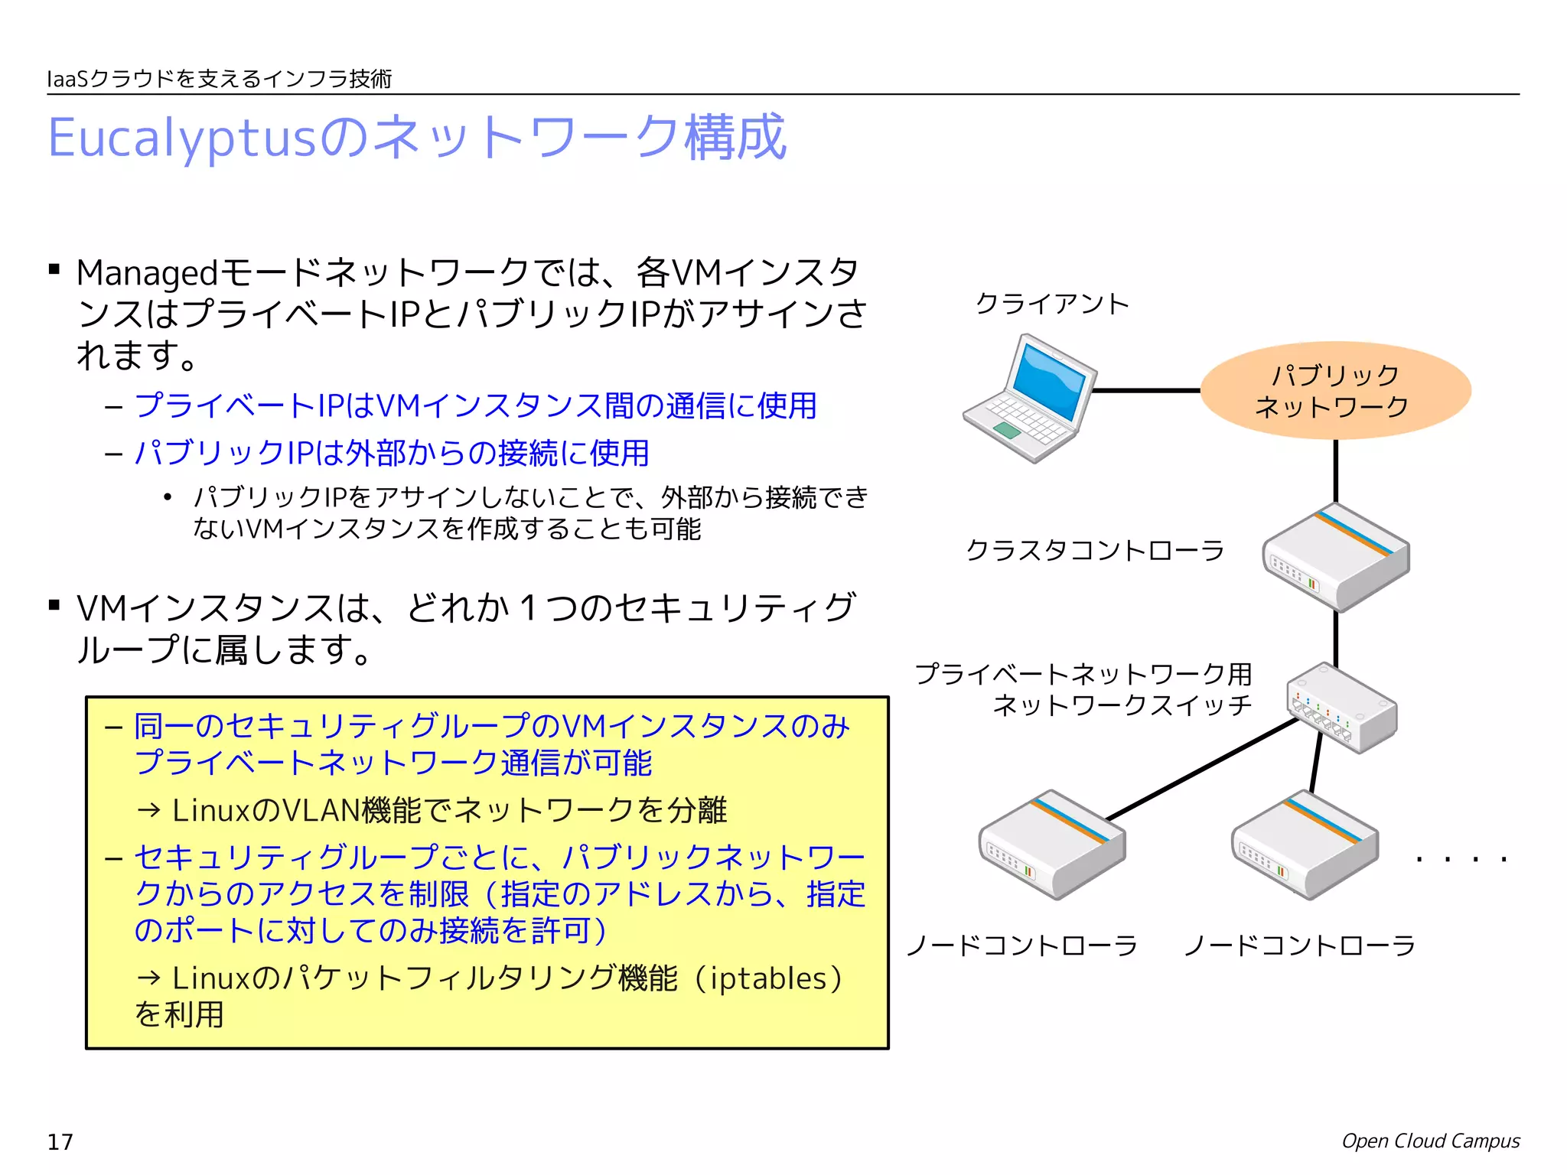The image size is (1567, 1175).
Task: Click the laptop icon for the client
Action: click(x=1029, y=398)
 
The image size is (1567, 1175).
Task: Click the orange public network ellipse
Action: click(x=1335, y=390)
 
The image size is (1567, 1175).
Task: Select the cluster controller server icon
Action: click(x=1336, y=557)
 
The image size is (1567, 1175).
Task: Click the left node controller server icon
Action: click(x=1052, y=845)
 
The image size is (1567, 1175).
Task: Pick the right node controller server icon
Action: click(x=1305, y=845)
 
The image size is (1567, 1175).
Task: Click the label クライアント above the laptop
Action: click(x=1052, y=304)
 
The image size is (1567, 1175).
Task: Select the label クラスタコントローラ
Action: click(x=1095, y=550)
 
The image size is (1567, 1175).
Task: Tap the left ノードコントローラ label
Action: click(x=1022, y=946)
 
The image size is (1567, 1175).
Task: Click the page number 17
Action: click(x=60, y=1142)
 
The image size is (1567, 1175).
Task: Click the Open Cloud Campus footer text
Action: click(x=1431, y=1141)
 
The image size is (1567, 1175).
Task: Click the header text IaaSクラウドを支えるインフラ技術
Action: click(x=220, y=79)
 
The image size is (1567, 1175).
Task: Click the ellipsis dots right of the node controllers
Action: click(x=1461, y=860)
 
